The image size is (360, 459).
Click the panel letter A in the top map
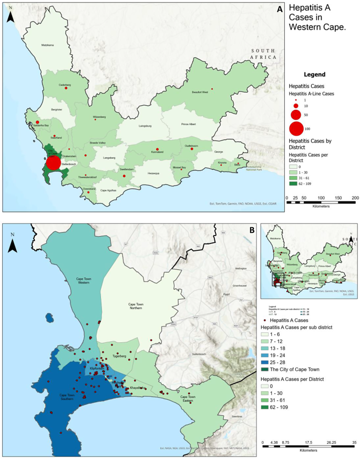coord(280,9)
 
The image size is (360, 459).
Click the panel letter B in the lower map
coord(252,230)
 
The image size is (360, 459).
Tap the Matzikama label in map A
coord(48,46)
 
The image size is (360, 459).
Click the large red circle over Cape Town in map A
coord(53,162)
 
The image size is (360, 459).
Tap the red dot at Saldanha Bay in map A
coord(37,122)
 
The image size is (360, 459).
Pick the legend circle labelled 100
coord(296,128)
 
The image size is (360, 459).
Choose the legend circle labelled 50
coord(296,114)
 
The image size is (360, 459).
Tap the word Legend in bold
coord(314,75)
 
